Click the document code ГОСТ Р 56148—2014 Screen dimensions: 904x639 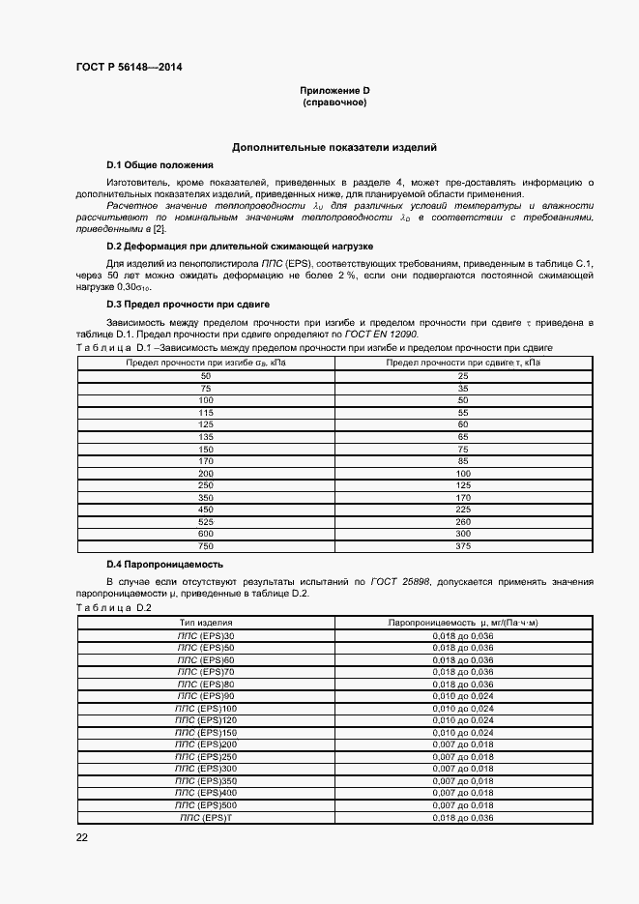click(x=129, y=67)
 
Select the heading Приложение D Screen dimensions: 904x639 click(x=334, y=91)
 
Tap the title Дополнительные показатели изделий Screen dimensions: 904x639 click(x=334, y=148)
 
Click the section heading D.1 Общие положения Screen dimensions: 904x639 click(x=159, y=165)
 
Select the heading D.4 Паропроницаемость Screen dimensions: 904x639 click(x=164, y=564)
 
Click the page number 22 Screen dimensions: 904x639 click(x=82, y=837)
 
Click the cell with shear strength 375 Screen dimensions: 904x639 click(x=462, y=546)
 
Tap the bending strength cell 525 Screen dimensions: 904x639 click(x=205, y=522)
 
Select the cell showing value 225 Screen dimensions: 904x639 click(x=462, y=510)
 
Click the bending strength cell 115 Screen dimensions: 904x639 click(x=205, y=412)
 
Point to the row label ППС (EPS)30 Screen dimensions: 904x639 click(x=205, y=635)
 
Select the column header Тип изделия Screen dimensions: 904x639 click(x=205, y=623)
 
